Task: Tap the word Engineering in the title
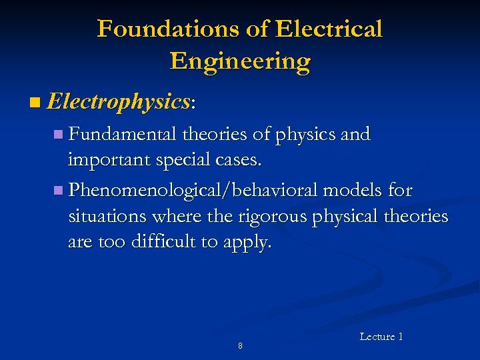[240, 61]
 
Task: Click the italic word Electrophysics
[119, 102]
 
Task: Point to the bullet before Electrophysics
[35, 103]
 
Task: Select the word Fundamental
[124, 134]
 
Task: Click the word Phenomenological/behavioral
[193, 191]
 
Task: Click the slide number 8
[240, 346]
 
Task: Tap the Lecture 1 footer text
[381, 337]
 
